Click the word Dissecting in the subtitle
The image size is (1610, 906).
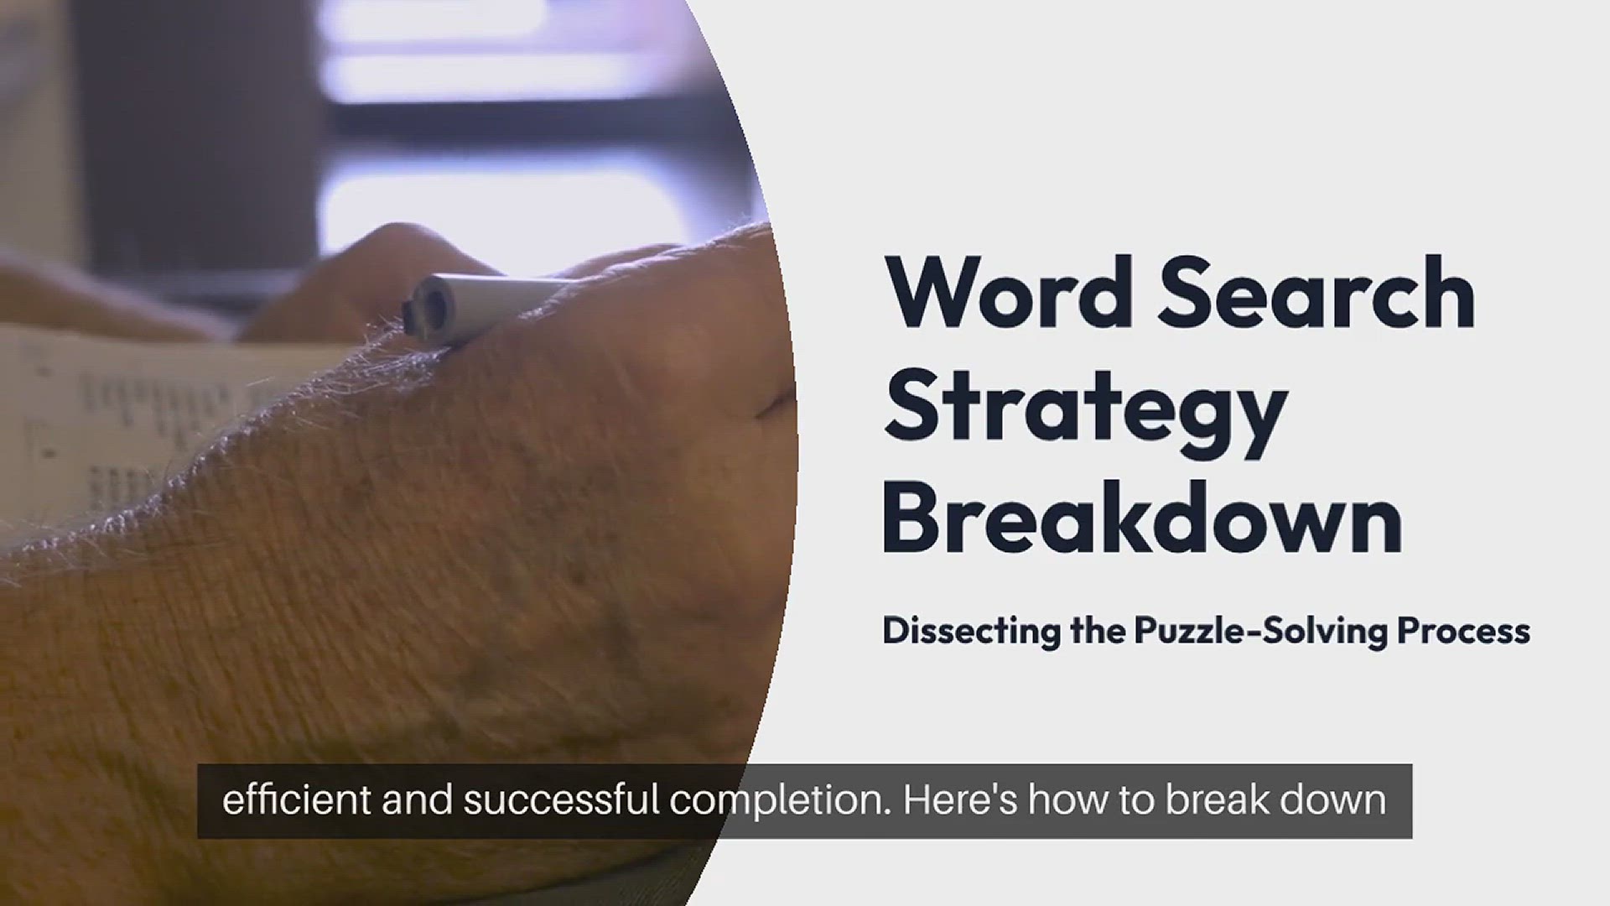coord(972,632)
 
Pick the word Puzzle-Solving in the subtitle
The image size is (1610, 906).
coord(1262,632)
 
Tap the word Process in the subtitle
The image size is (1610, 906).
coord(1463,631)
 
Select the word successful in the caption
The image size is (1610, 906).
coord(562,800)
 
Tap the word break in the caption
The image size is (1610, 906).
coord(1214,800)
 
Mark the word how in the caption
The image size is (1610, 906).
coord(1062,800)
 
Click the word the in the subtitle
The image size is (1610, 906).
coord(1098,631)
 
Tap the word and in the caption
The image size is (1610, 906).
coord(418,800)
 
